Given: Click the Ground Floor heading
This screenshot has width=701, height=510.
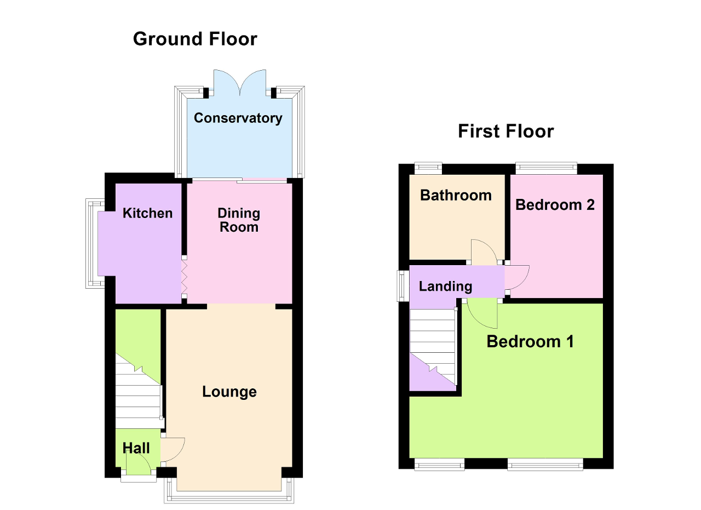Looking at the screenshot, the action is [x=195, y=39].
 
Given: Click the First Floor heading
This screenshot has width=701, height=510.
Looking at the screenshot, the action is [x=505, y=131].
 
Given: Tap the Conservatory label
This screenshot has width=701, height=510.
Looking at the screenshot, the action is [x=238, y=118].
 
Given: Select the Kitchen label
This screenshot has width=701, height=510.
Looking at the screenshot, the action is [x=147, y=213].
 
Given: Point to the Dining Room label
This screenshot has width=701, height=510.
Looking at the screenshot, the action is [x=239, y=220].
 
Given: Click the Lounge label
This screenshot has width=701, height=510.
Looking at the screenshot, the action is [x=229, y=392].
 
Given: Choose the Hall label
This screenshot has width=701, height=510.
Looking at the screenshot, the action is [x=136, y=448].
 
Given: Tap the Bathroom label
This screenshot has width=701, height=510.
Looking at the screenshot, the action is [x=456, y=196].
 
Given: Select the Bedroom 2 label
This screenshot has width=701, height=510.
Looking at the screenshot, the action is [x=555, y=205].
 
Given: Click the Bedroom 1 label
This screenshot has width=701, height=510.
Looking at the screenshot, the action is [x=530, y=341].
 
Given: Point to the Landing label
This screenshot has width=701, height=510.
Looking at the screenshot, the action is [x=445, y=286].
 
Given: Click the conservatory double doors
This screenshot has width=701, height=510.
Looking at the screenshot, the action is [x=240, y=82].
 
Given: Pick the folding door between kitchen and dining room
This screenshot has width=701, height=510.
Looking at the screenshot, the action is [x=184, y=277].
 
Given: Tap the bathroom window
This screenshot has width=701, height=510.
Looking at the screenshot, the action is [x=428, y=168].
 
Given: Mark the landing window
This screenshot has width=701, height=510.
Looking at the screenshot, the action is [x=403, y=286].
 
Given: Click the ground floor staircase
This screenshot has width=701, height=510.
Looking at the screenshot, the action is [x=139, y=391].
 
